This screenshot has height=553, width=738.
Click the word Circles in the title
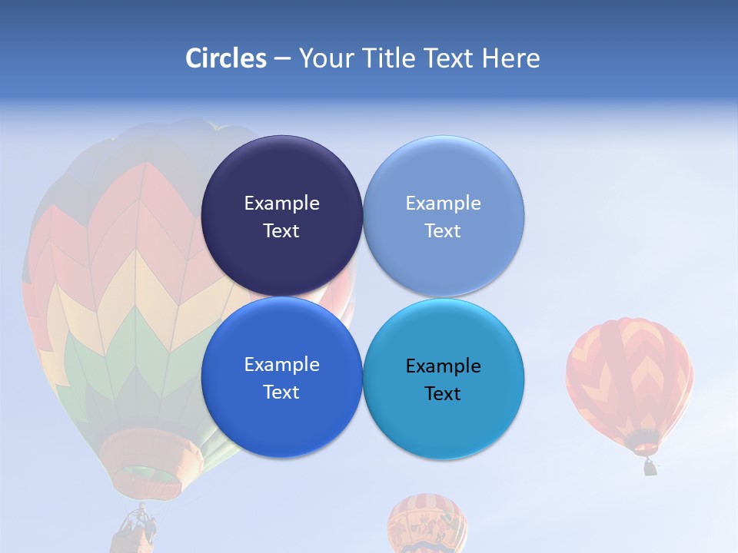(226, 58)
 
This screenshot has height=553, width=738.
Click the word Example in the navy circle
(281, 204)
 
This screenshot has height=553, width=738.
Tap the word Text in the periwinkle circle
(443, 231)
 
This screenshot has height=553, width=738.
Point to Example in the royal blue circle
(281, 365)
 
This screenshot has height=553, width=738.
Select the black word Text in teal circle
(443, 394)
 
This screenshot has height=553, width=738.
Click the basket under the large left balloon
(137, 530)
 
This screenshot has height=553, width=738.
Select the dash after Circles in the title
(281, 58)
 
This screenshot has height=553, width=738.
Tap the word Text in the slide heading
(450, 58)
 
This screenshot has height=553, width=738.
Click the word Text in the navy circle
(281, 231)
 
